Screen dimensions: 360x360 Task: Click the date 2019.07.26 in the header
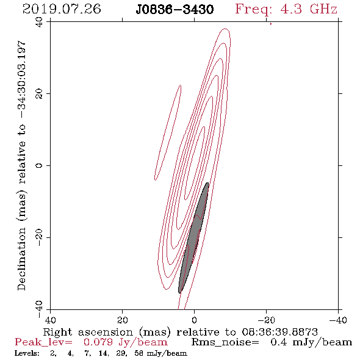(x=62, y=9)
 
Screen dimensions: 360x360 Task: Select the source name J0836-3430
(x=175, y=10)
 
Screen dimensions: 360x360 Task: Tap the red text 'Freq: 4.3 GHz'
(x=286, y=10)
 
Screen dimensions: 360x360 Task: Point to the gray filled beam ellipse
(x=193, y=238)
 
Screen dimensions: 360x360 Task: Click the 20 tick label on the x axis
(x=122, y=320)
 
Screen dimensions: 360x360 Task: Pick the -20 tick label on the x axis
(x=266, y=320)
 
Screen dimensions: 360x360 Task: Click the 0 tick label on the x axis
(x=194, y=320)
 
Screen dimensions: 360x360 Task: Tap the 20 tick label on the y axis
(x=39, y=94)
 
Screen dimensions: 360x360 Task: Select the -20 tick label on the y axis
(x=39, y=237)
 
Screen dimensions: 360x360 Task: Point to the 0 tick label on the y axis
(x=39, y=165)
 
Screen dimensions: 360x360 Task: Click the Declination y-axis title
(x=21, y=165)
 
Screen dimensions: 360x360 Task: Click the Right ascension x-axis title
(x=181, y=332)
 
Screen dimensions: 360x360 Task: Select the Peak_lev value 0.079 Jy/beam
(x=125, y=342)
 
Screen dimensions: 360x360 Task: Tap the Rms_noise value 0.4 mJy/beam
(x=311, y=342)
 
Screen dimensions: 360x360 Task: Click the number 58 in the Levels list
(x=139, y=353)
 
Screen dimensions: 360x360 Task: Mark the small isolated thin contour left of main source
(x=168, y=132)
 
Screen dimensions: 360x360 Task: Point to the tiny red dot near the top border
(x=271, y=24)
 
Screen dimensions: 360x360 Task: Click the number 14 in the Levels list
(x=104, y=353)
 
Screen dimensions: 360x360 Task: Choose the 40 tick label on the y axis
(x=39, y=22)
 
